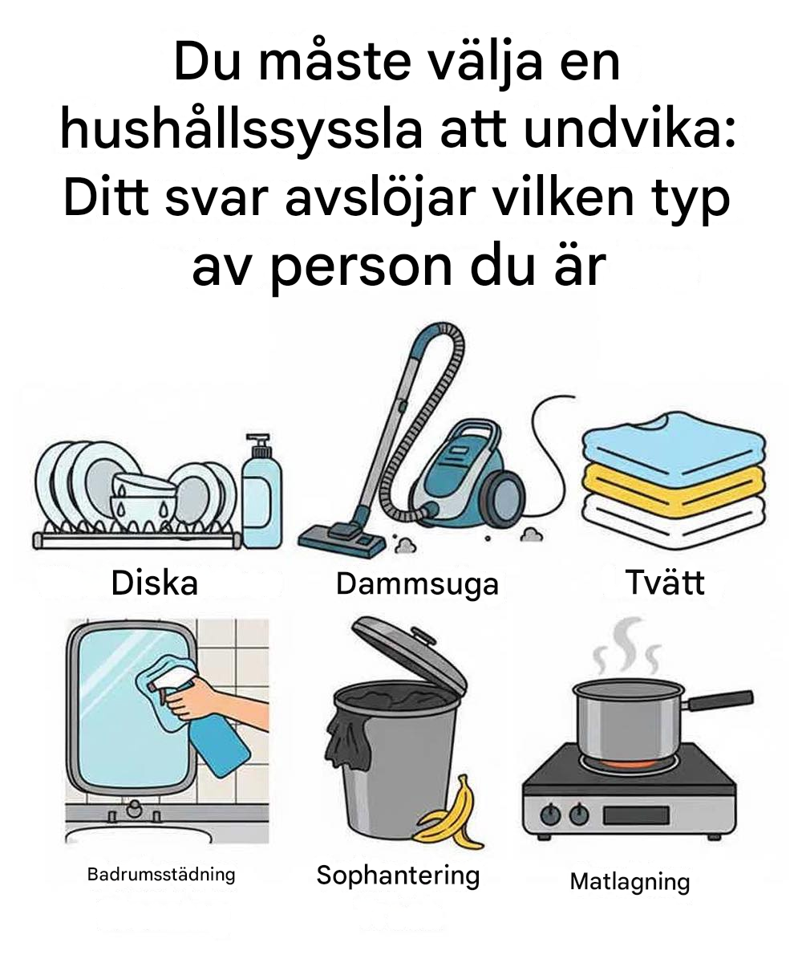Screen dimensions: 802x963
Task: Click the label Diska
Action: coord(155,583)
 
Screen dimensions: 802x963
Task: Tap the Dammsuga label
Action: coord(417,585)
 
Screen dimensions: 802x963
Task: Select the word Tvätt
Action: coord(665,582)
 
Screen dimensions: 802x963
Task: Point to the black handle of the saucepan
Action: coord(720,699)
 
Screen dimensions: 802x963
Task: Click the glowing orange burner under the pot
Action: coord(628,764)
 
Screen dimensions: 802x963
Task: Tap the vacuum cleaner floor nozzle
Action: coord(342,539)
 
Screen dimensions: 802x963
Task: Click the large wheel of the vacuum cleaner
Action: coord(506,496)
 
